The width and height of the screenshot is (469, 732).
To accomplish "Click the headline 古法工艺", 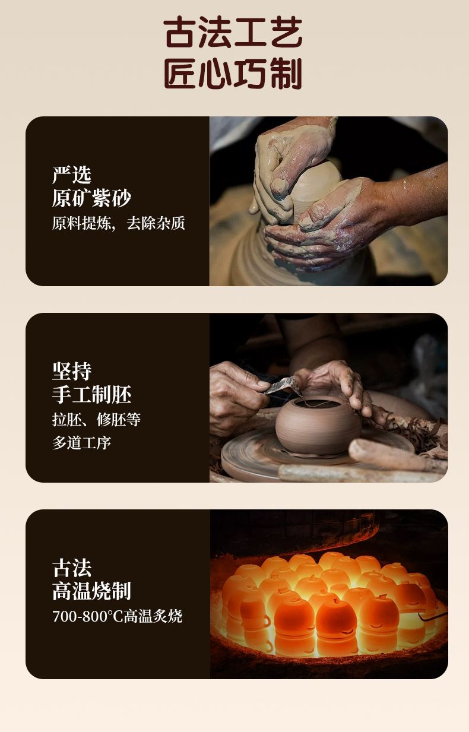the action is pos(233,32).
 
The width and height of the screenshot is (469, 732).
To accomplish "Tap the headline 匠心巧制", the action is pos(233,74).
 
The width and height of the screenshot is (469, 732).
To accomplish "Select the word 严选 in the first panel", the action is pos(72,175).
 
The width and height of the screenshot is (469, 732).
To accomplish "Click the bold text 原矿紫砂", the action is pos(92,198).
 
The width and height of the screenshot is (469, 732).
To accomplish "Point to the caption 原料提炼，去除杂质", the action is pos(119,223).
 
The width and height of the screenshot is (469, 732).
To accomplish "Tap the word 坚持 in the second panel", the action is pos(72,371).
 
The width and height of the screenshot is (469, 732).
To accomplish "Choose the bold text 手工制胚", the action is pos(92,394).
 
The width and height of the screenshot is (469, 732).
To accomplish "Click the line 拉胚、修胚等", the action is pos(96,420).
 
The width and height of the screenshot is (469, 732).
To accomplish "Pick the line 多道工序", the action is pos(82,443).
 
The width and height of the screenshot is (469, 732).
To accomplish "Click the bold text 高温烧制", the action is pos(92,591).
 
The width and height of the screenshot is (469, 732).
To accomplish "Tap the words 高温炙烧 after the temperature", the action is pos(153,616).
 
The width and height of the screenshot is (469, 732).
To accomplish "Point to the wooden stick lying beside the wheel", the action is pos(397,455).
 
